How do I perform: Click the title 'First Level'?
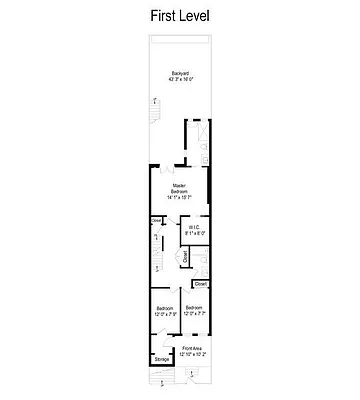[180, 16]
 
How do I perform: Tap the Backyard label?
[180, 74]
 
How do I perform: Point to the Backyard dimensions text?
[180, 81]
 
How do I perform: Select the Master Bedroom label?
[180, 187]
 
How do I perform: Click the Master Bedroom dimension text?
[180, 198]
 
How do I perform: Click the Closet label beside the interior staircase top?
[157, 222]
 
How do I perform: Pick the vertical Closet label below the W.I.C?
[185, 257]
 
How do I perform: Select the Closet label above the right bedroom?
[200, 285]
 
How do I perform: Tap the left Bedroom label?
[166, 308]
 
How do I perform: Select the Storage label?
[162, 359]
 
